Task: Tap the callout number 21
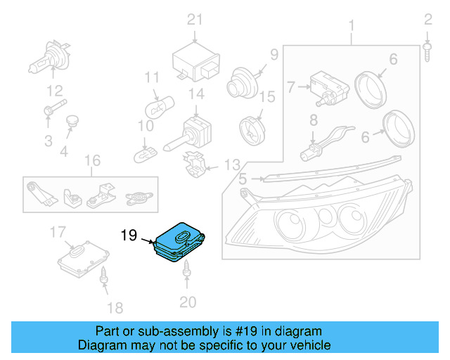pyautogui.click(x=194, y=19)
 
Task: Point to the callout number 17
pyautogui.click(x=58, y=231)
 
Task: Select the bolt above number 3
pyautogui.click(x=52, y=110)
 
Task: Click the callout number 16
pyautogui.click(x=93, y=162)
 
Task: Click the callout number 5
pyautogui.click(x=242, y=179)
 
